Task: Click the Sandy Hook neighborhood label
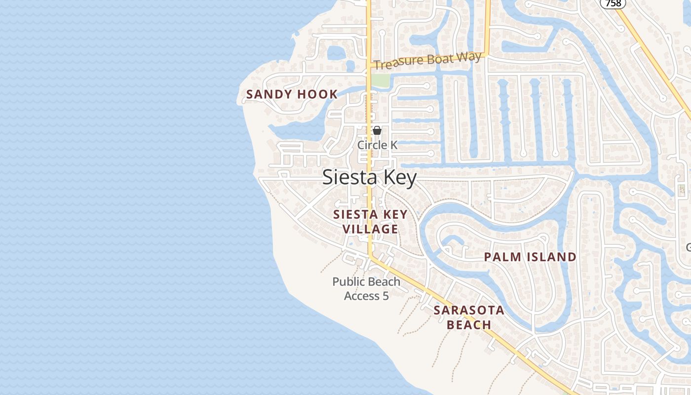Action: click(292, 94)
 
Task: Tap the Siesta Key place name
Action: click(369, 178)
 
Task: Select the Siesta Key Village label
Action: click(370, 222)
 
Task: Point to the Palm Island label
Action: click(530, 257)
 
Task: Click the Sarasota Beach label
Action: click(469, 317)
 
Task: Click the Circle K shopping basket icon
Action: click(377, 130)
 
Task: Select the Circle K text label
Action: click(377, 145)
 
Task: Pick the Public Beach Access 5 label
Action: click(366, 288)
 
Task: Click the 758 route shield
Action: click(613, 3)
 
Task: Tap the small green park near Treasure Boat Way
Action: click(380, 79)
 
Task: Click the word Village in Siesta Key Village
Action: click(370, 229)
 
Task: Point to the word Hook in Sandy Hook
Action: click(318, 94)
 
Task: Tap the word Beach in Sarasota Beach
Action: click(469, 325)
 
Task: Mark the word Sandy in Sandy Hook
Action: click(269, 94)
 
